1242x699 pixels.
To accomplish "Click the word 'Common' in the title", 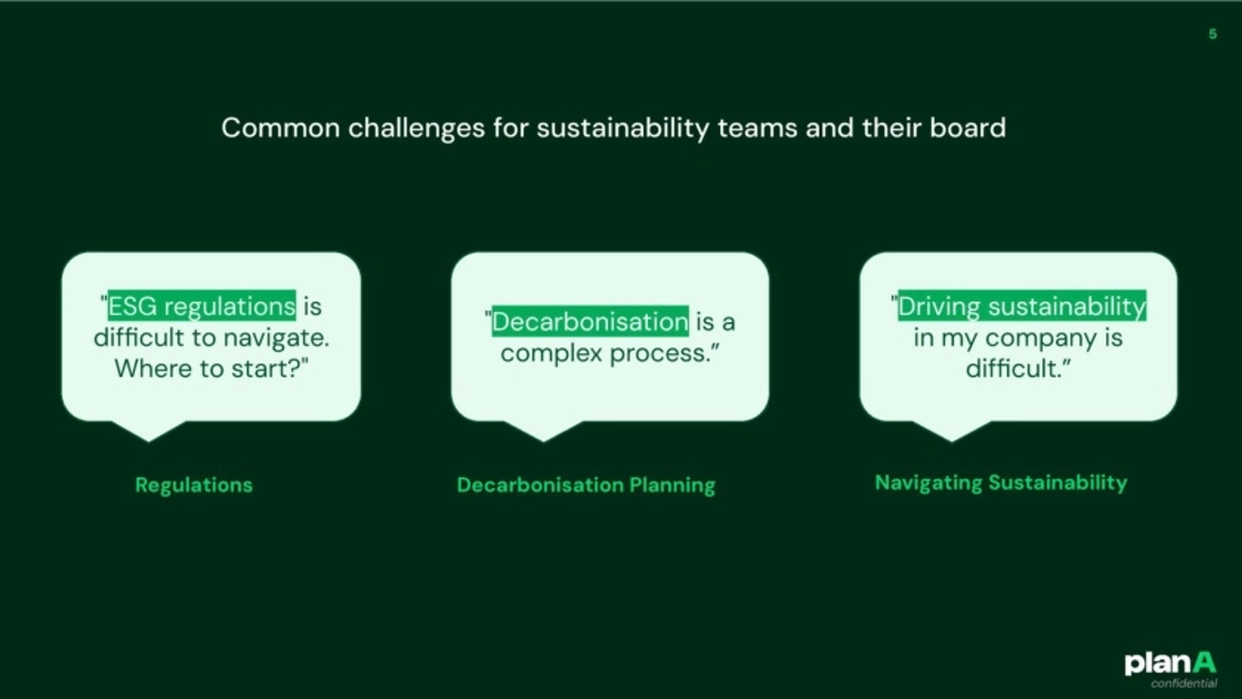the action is (x=281, y=128).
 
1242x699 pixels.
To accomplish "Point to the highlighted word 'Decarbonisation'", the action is (x=590, y=322).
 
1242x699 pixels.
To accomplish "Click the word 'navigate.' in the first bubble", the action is (x=276, y=338).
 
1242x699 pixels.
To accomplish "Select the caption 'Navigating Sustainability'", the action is (x=1001, y=483).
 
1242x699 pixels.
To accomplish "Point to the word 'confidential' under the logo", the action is (x=1184, y=683).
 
